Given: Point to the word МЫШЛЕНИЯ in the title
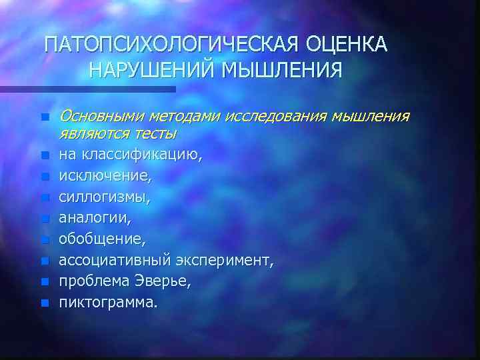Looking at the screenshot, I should click(x=288, y=70).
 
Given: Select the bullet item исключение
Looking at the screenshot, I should click(x=105, y=177).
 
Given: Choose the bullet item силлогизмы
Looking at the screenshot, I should click(x=105, y=197).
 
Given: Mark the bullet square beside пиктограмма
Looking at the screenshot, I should click(x=44, y=302).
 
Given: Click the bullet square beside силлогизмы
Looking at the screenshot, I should click(x=44, y=198).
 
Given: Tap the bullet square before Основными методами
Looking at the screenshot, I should click(x=44, y=117).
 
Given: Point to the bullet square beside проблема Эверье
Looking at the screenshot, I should click(x=44, y=281).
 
